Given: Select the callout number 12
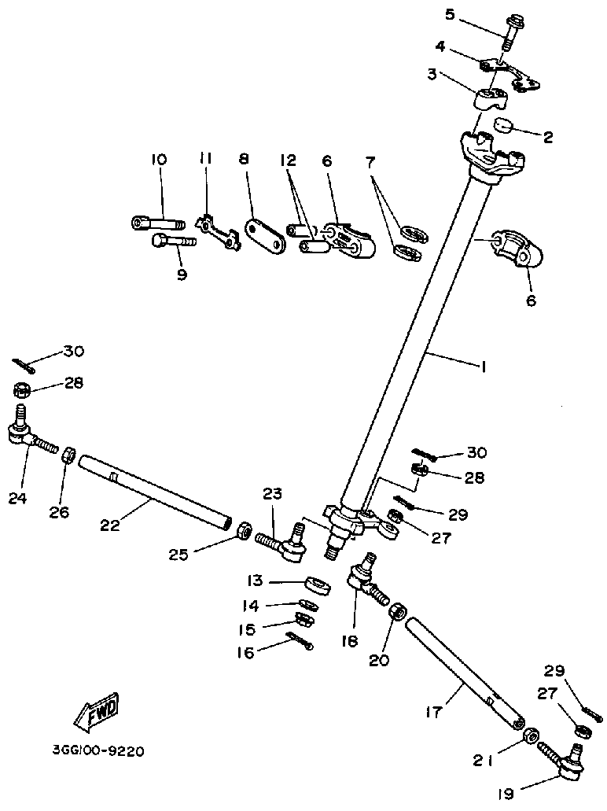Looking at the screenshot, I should coord(288,160).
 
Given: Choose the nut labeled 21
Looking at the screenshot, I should coord(531,735).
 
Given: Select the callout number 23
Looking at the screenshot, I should coord(272,494).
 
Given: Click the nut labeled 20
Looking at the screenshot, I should coord(398,611).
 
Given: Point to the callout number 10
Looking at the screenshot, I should coord(159,160).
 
